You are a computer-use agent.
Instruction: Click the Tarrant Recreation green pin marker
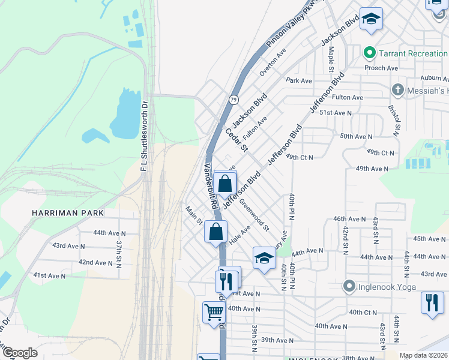click(x=370, y=53)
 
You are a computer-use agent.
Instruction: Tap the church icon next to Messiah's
click(x=397, y=90)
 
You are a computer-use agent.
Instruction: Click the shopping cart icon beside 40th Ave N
click(x=214, y=312)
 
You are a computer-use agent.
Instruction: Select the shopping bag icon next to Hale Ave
click(x=215, y=231)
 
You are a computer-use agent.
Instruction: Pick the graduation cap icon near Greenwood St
click(x=264, y=257)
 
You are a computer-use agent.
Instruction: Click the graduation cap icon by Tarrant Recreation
click(x=371, y=19)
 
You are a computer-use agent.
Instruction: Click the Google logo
click(x=20, y=352)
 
